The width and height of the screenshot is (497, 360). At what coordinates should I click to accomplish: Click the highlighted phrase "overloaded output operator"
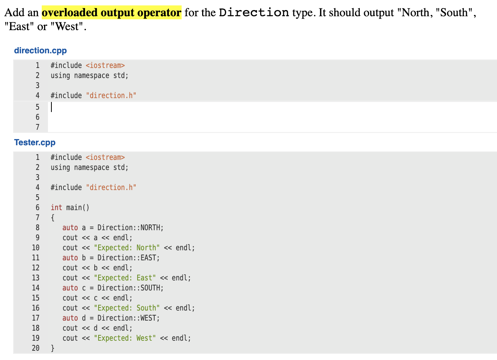pyautogui.click(x=111, y=13)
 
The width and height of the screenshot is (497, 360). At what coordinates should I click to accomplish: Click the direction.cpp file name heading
pyautogui.click(x=40, y=51)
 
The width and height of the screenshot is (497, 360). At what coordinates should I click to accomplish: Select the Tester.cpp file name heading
pyautogui.click(x=35, y=143)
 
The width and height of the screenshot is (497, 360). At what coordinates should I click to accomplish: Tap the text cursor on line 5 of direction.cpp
pyautogui.click(x=51, y=107)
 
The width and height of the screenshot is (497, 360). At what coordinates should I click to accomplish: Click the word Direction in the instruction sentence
pyautogui.click(x=254, y=13)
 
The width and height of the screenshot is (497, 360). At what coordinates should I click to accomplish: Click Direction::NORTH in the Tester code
pyautogui.click(x=130, y=228)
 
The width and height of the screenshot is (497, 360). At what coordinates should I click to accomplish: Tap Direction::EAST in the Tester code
pyautogui.click(x=128, y=258)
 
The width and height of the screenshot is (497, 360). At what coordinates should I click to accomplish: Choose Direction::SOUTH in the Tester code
pyautogui.click(x=130, y=288)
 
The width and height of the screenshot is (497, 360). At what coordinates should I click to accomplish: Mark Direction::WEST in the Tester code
pyautogui.click(x=128, y=318)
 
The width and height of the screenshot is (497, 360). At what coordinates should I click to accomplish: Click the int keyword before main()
pyautogui.click(x=56, y=207)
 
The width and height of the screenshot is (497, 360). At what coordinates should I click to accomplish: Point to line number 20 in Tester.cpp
pyautogui.click(x=36, y=348)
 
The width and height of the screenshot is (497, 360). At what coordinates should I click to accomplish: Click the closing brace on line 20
pyautogui.click(x=53, y=348)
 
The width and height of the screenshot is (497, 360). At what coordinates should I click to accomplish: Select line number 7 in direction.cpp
pyautogui.click(x=37, y=127)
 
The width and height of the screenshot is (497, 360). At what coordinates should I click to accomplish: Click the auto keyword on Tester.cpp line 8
pyautogui.click(x=70, y=228)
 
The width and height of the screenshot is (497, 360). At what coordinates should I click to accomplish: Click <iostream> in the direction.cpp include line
pyautogui.click(x=105, y=65)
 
